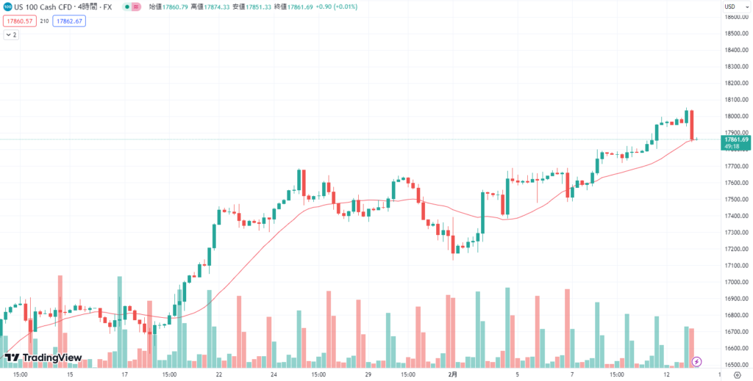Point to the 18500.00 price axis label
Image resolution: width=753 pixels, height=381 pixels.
point(737,34)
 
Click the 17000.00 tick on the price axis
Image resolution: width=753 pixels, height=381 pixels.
point(737,282)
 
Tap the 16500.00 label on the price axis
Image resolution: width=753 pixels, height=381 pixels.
point(737,365)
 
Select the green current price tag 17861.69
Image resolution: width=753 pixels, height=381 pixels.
point(736,139)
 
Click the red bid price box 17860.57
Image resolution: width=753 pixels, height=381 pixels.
point(19,21)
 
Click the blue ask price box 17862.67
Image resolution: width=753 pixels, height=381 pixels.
point(70,21)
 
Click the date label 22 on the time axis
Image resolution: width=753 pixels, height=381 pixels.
point(219,374)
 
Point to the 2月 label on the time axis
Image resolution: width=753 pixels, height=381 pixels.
point(454,374)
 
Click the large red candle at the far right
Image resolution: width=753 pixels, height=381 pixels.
point(692,125)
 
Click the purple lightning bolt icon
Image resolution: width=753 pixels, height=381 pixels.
point(697,361)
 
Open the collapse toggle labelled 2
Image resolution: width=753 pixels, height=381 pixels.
point(11,35)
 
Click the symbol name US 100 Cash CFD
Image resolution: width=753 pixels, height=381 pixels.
point(43,7)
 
